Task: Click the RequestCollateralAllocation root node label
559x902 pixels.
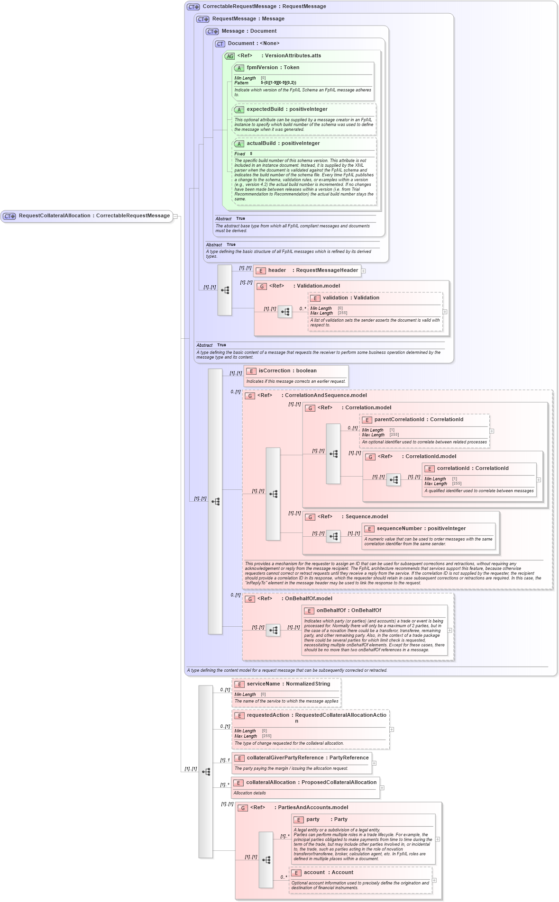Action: click(x=94, y=216)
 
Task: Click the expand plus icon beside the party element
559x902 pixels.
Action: click(x=438, y=839)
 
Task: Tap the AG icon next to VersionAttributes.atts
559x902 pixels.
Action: click(x=229, y=56)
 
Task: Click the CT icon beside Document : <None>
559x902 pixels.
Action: click(x=220, y=44)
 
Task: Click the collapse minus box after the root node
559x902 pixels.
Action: click(x=175, y=216)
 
